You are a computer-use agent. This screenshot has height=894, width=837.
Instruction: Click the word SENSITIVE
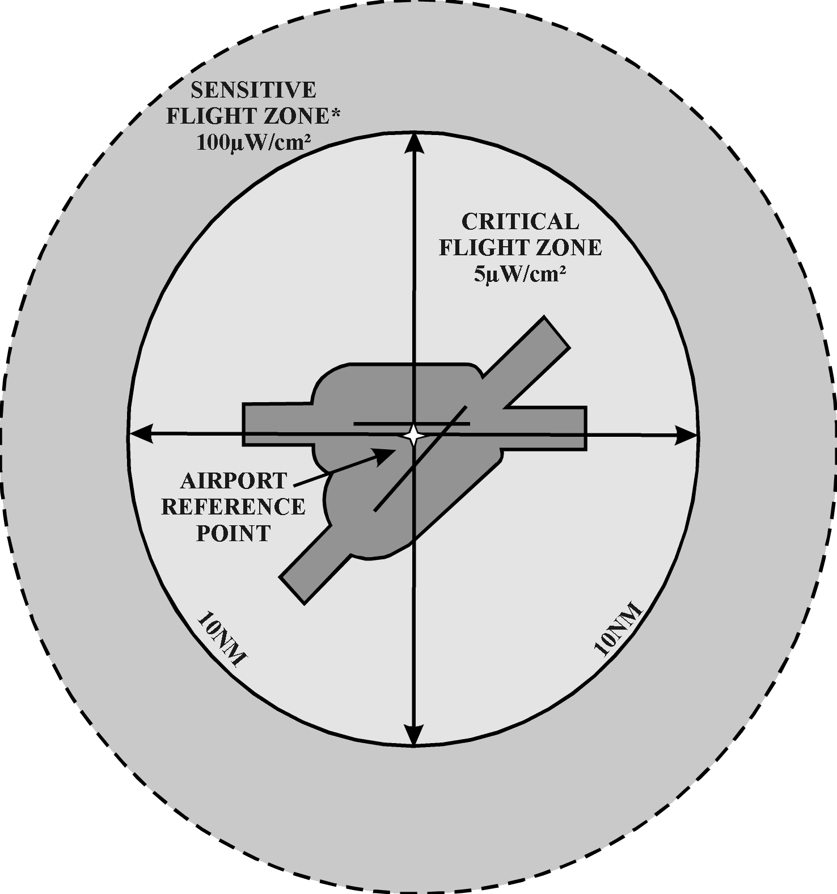pos(253,90)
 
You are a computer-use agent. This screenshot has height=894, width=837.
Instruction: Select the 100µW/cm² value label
pos(253,142)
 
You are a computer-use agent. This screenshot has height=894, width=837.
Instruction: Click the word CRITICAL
pos(520,221)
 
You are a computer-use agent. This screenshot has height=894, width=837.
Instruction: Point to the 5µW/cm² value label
pos(520,275)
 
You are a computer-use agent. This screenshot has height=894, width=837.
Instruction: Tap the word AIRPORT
pos(234,480)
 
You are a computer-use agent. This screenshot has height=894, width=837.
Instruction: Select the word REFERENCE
pos(234,507)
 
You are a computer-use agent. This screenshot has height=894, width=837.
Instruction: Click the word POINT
pos(234,533)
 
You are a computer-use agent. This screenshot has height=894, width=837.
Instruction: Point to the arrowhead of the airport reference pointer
pos(385,454)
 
